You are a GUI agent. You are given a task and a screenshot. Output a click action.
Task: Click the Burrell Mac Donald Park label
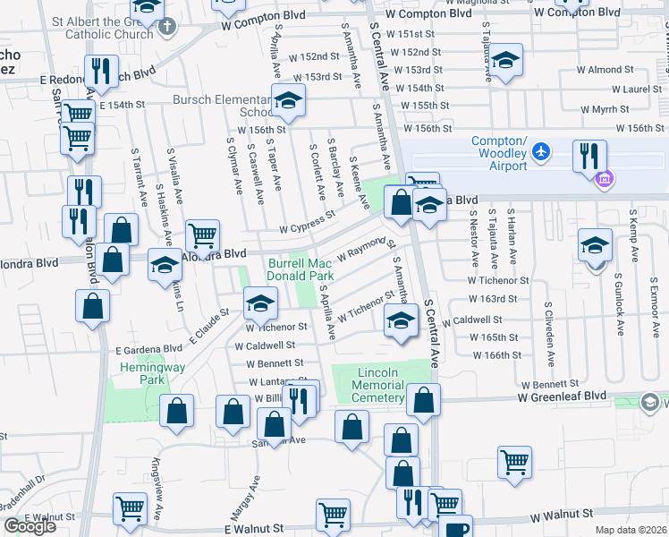[x=301, y=269]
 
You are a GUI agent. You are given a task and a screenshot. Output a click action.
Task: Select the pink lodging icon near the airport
[x=604, y=179]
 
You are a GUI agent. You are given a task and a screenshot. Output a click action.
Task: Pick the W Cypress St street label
[x=307, y=219]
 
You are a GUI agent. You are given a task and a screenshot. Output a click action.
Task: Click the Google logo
[x=30, y=526]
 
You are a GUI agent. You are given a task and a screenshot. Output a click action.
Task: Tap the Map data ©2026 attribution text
[x=631, y=530]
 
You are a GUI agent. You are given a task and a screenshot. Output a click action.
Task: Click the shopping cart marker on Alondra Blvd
[x=203, y=236]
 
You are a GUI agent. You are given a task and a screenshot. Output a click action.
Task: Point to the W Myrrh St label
[x=605, y=109]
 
